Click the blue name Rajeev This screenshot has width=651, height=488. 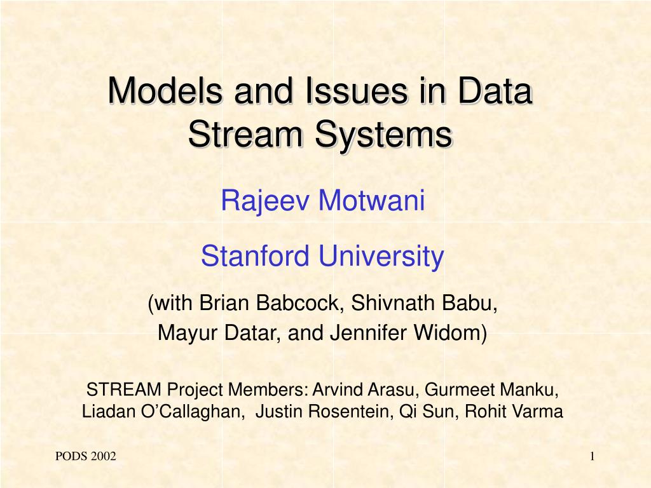tap(266, 201)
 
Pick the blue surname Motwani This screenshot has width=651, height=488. tap(371, 200)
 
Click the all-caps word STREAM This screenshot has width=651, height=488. tap(124, 390)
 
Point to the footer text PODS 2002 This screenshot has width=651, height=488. tap(86, 456)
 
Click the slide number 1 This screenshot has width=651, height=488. tap(592, 456)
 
